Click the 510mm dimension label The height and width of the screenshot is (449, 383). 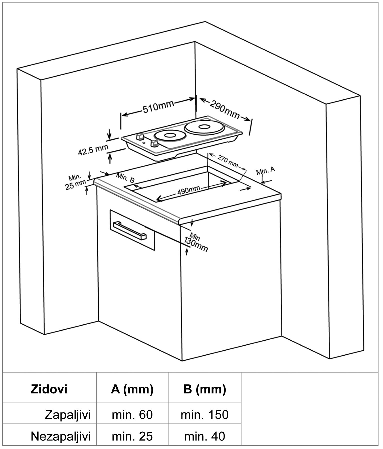(x=158, y=107)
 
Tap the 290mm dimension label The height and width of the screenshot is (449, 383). (x=224, y=109)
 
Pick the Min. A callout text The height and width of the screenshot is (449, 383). (x=266, y=171)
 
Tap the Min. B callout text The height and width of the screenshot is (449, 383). (x=125, y=177)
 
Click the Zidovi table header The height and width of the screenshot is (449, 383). (x=49, y=389)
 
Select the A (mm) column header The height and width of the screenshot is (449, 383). (x=132, y=389)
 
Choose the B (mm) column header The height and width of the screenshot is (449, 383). (x=205, y=389)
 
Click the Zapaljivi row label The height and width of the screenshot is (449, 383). (x=68, y=415)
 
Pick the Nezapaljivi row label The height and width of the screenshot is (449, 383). (x=60, y=436)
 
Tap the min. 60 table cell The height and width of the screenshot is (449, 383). (x=132, y=415)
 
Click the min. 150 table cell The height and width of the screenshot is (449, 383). (x=205, y=415)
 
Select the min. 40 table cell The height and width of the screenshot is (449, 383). (x=205, y=436)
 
